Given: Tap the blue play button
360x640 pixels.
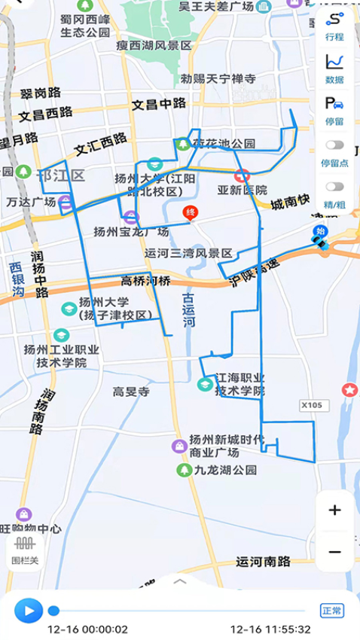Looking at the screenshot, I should [x=29, y=610].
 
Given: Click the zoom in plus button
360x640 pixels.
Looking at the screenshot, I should [x=335, y=510].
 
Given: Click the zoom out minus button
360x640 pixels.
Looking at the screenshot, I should [x=335, y=552].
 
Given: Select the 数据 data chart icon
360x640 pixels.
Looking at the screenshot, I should [x=334, y=68].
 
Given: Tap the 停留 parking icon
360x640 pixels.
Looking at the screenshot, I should [x=334, y=109].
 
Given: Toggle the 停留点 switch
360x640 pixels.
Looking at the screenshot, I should [x=334, y=145].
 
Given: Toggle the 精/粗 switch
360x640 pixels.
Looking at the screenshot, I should [x=334, y=187].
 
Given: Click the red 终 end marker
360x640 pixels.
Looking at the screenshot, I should [x=191, y=214].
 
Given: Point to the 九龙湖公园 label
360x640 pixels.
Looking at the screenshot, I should [x=224, y=470].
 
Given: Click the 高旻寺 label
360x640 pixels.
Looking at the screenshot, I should [x=132, y=392].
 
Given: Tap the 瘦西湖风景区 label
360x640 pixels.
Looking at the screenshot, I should [x=154, y=45].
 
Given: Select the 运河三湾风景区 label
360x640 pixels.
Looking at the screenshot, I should [x=188, y=253].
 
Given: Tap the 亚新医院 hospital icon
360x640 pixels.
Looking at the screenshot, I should [x=242, y=176].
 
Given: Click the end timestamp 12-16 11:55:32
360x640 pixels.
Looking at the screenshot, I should [x=270, y=629].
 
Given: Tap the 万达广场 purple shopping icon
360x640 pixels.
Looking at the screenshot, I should [x=66, y=202].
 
